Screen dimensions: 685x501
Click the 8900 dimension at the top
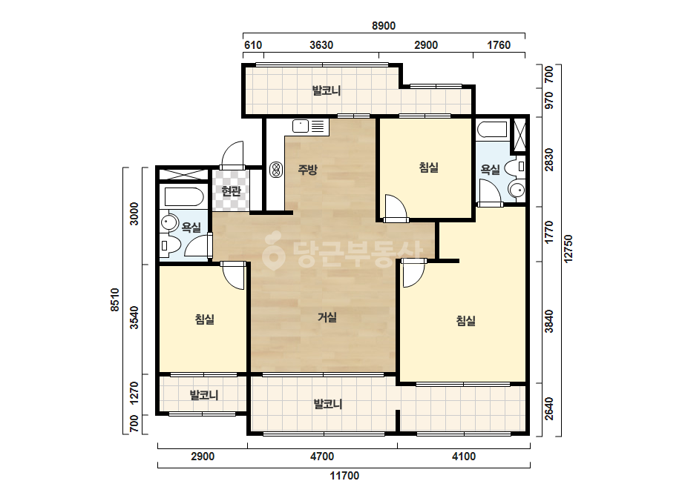click(384, 26)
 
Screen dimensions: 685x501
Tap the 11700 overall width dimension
click(344, 476)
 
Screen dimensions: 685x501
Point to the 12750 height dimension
click(568, 249)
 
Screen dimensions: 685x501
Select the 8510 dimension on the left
click(114, 300)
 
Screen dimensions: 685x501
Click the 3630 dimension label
click(321, 45)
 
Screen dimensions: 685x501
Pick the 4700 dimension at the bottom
click(322, 457)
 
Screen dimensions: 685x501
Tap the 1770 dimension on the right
click(548, 232)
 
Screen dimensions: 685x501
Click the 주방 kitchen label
click(307, 169)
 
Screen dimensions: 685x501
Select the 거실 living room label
click(327, 317)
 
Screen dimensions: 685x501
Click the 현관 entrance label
click(231, 190)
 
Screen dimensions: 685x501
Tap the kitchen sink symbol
click(301, 126)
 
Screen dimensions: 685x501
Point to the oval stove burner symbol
click(275, 169)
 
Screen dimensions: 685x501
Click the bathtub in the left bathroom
click(184, 197)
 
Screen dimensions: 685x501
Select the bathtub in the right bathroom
click(492, 130)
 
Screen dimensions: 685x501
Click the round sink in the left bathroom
click(168, 222)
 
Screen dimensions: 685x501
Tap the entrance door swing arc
click(232, 153)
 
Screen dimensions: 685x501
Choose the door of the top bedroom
click(396, 208)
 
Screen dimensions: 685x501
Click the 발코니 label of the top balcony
click(327, 90)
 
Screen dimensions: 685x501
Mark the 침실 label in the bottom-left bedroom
click(204, 319)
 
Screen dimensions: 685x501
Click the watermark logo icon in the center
click(273, 250)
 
